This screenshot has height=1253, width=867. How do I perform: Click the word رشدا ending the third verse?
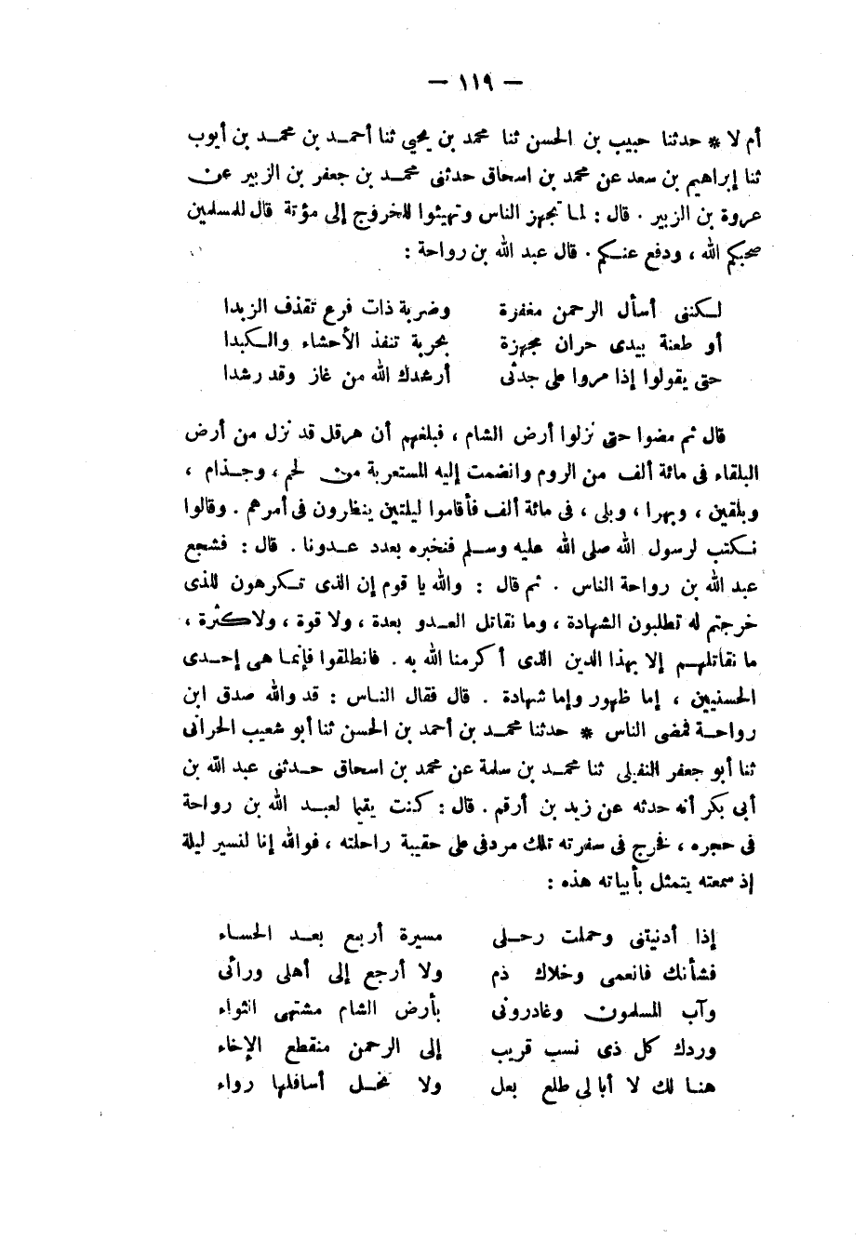point(240,377)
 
